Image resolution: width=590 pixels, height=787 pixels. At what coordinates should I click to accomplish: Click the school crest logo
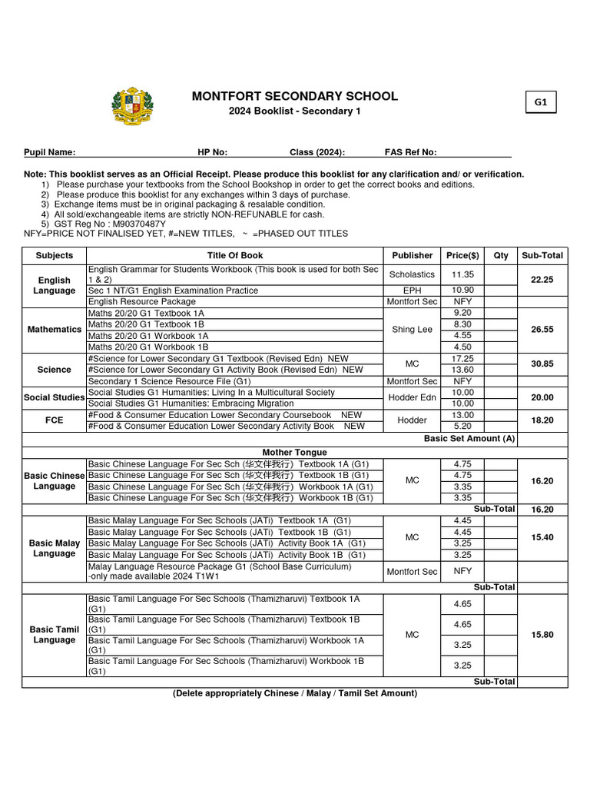tap(132, 107)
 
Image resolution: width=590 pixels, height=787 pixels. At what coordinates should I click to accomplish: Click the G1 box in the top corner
tap(541, 102)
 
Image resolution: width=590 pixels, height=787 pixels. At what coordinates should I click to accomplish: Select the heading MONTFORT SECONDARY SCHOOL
tap(294, 96)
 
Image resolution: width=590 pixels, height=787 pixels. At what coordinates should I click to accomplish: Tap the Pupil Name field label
tap(50, 152)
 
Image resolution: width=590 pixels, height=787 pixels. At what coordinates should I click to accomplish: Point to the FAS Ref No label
tap(410, 152)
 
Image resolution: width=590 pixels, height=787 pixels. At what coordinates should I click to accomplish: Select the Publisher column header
tap(413, 255)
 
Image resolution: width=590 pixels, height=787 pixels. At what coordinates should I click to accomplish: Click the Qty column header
tap(501, 255)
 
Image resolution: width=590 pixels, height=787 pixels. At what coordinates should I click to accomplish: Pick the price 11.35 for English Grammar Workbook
tap(462, 274)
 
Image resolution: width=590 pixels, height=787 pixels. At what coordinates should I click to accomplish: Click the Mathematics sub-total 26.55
tap(542, 329)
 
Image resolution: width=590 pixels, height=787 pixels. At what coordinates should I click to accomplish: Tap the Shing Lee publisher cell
tap(413, 329)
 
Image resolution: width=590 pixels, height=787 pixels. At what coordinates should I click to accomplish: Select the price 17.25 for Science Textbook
tap(462, 358)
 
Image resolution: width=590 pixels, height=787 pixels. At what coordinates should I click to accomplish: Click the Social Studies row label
tap(55, 397)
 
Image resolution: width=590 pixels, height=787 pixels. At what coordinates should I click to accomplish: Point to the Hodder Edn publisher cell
tap(413, 397)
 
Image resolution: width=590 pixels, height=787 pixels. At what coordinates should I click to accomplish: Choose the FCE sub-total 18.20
tap(542, 421)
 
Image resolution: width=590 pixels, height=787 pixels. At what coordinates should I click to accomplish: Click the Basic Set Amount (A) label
tap(469, 439)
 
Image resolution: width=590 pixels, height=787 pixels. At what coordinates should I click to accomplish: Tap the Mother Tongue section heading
tap(294, 452)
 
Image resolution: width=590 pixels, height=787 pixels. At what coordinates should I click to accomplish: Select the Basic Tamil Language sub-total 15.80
tap(542, 635)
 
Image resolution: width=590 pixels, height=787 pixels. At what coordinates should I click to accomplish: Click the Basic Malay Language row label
tap(55, 548)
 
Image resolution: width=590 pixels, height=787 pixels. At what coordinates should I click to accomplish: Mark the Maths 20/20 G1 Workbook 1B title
tap(148, 347)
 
